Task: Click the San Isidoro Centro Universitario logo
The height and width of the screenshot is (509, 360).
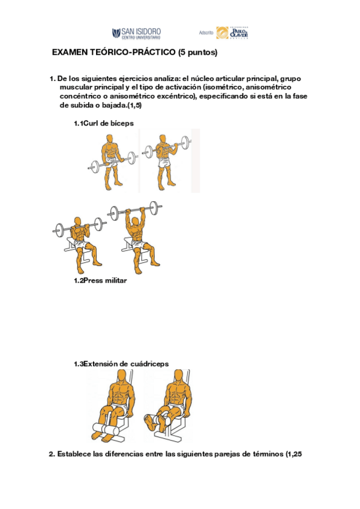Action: coord(136,33)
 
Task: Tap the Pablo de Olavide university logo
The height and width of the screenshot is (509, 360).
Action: coord(232,33)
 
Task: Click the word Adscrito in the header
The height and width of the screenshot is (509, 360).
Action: coord(206,34)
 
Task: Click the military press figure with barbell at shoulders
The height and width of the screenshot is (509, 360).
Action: coord(78,238)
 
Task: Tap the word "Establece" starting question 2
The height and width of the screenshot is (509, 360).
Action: coord(76,454)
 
